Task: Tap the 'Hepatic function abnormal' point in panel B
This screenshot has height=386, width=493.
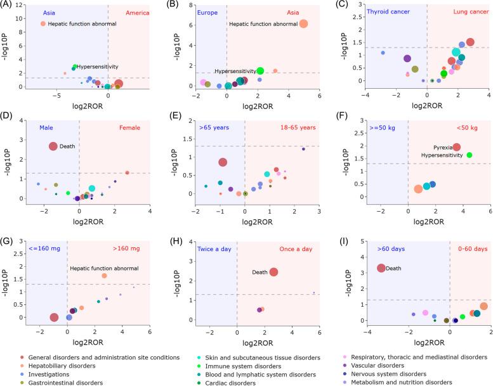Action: point(303,24)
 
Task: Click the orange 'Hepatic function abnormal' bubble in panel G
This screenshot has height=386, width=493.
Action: point(104,276)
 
